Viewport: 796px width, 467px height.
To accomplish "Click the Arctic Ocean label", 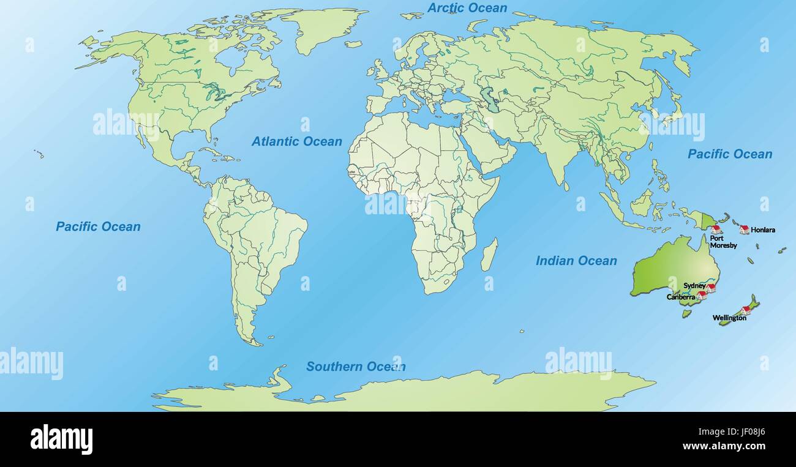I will click(x=467, y=8).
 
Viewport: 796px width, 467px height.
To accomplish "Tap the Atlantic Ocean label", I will click(x=297, y=141).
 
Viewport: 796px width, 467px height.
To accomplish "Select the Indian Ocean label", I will click(x=576, y=261).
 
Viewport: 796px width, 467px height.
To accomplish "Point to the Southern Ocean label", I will click(x=356, y=367).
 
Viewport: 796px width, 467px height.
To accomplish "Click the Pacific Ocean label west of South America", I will click(x=98, y=226).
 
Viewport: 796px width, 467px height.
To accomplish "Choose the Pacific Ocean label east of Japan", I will click(x=730, y=154).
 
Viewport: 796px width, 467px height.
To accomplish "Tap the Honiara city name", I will click(x=763, y=230).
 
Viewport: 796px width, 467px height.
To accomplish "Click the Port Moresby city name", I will click(x=723, y=242).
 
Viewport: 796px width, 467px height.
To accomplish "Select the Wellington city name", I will click(x=729, y=318).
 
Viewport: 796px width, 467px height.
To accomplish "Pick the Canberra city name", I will click(x=681, y=297).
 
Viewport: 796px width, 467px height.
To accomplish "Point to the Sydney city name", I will click(x=694, y=286).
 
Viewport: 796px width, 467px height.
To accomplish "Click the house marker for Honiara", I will click(x=744, y=230).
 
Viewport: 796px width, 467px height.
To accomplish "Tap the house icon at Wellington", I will click(x=745, y=310).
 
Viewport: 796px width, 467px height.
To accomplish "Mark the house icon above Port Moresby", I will click(x=716, y=229).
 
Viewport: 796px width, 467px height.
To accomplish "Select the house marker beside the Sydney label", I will click(x=710, y=287).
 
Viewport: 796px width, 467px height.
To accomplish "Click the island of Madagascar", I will click(x=489, y=255).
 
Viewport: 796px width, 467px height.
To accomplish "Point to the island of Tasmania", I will click(x=687, y=313).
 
